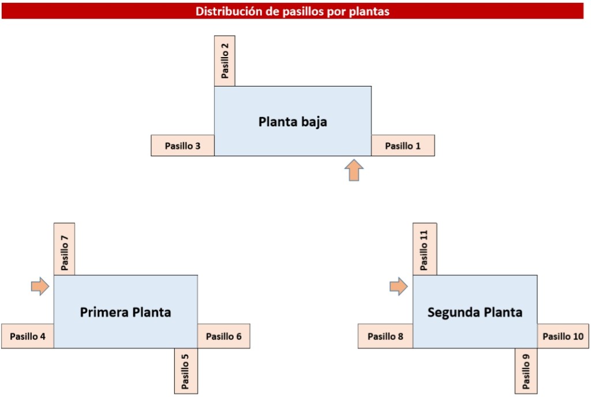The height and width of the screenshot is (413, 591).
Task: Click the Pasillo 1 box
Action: (403, 146)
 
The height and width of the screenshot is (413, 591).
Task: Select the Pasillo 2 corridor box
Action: (225, 61)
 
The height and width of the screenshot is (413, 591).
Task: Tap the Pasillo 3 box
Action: (182, 146)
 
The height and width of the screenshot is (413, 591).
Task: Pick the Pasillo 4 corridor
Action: (28, 336)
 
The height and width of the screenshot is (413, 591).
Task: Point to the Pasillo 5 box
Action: (186, 371)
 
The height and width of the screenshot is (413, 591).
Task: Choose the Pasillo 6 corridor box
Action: (223, 336)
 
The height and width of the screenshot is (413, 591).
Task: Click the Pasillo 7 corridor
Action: (64, 249)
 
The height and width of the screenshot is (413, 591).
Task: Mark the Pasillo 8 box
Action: (386, 336)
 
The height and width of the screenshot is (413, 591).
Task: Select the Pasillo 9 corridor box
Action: (526, 371)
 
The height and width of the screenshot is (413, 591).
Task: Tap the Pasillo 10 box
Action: (563, 336)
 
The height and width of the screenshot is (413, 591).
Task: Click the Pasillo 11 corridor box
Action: (424, 249)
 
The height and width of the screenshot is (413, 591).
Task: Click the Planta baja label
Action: (293, 122)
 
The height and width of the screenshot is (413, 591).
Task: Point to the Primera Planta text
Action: (125, 313)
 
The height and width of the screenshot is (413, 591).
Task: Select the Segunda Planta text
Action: (475, 313)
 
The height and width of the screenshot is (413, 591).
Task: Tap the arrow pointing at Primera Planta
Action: (40, 286)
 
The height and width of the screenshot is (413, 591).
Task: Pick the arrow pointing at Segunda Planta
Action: (399, 286)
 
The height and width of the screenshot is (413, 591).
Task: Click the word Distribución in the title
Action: (225, 11)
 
